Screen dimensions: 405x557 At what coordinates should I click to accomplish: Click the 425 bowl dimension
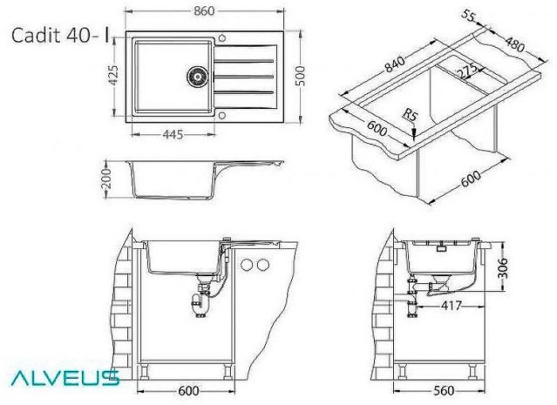pyautogui.click(x=114, y=76)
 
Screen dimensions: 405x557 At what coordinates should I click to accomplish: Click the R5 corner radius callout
pyautogui.click(x=411, y=116)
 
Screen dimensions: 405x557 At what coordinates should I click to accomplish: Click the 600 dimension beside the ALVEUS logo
pyautogui.click(x=189, y=391)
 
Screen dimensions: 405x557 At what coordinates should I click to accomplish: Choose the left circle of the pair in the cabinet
pyautogui.click(x=247, y=264)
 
